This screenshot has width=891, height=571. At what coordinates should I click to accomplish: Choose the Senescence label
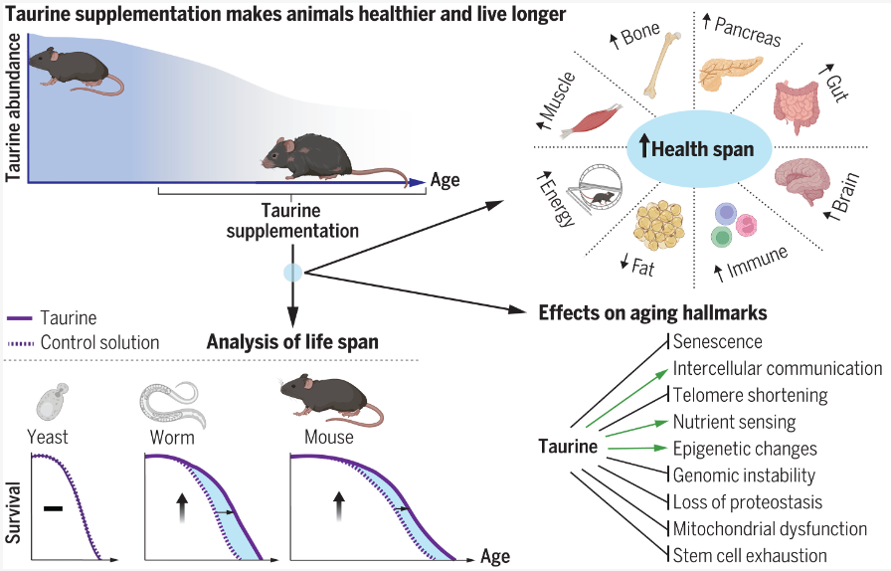(717, 342)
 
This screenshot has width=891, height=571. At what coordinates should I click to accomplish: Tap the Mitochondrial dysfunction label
(770, 528)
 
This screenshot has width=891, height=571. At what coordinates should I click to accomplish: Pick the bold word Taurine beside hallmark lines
(568, 447)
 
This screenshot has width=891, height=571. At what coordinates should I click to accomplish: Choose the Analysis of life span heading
(292, 342)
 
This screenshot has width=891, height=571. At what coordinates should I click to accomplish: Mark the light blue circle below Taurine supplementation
(292, 273)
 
